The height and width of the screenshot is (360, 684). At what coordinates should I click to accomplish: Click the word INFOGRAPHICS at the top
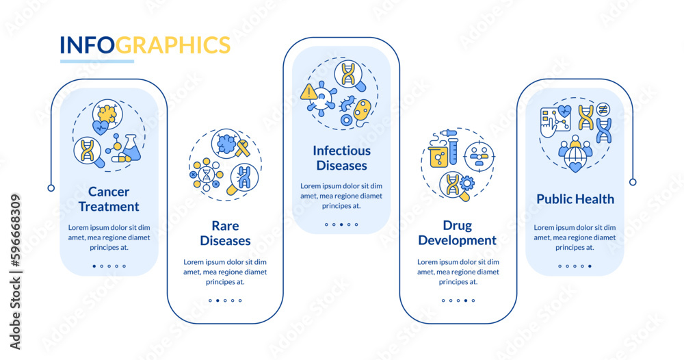click(145, 44)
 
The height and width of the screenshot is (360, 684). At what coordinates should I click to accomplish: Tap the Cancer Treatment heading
click(109, 198)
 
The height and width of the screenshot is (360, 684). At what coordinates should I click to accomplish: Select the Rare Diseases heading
click(225, 232)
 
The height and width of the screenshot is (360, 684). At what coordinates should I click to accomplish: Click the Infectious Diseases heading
click(341, 157)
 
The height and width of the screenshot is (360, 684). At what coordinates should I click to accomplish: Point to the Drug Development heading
click(457, 233)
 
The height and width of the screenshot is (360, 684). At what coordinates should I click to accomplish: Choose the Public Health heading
click(575, 199)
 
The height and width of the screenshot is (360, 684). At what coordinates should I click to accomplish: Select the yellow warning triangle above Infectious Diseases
click(311, 92)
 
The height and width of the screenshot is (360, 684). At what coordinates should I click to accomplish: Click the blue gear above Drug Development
click(468, 183)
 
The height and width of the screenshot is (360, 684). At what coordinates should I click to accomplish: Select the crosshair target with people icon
click(479, 154)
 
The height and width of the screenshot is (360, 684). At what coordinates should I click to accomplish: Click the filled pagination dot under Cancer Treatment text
click(94, 266)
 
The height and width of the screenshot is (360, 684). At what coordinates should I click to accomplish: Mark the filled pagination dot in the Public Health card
click(590, 266)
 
